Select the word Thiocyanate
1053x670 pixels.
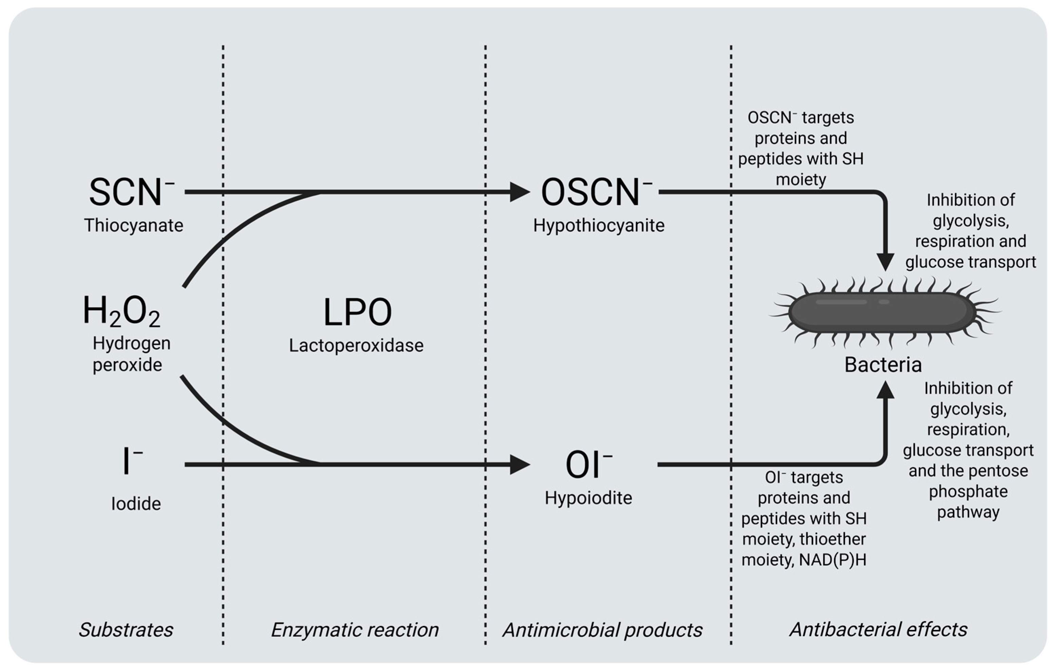(x=133, y=225)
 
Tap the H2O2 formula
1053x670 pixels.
(x=121, y=312)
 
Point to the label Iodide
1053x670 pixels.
(x=135, y=504)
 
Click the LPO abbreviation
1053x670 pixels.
(x=357, y=313)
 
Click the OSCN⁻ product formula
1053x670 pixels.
(x=596, y=192)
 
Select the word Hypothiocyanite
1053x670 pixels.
(x=598, y=225)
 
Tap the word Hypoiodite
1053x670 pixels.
(x=588, y=498)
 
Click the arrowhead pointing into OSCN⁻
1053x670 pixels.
(x=520, y=192)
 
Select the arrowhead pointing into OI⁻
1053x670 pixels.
(x=520, y=465)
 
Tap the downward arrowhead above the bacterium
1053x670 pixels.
(x=885, y=262)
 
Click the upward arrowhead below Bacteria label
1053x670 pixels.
(x=885, y=390)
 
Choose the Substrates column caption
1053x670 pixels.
(x=126, y=630)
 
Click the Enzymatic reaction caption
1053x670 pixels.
(x=355, y=630)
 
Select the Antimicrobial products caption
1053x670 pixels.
(x=602, y=630)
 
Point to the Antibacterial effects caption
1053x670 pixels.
(x=878, y=629)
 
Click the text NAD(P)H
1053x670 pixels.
(x=833, y=560)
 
